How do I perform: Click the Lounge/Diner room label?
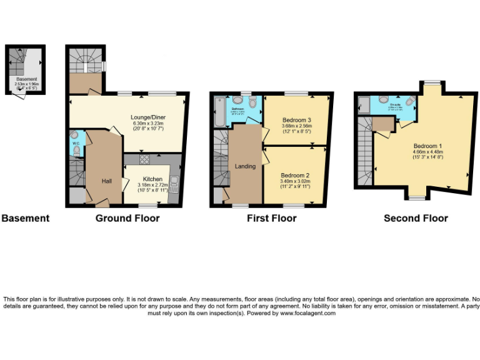point(147,117)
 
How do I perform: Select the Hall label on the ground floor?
point(107,181)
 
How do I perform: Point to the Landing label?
point(245,166)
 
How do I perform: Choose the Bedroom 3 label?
point(297,119)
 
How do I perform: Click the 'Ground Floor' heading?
point(127,218)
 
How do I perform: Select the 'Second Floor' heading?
point(416,218)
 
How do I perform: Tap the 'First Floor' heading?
point(271,218)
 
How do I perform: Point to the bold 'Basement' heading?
point(25,218)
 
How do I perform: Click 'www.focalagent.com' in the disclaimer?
point(307,313)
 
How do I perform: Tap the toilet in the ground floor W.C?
point(76,149)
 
